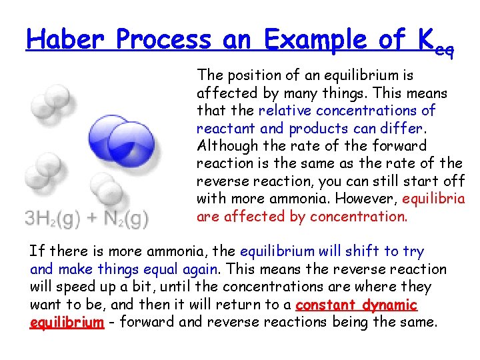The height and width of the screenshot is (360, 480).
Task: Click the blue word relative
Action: point(285,110)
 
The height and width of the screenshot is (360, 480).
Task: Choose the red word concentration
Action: point(361,216)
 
